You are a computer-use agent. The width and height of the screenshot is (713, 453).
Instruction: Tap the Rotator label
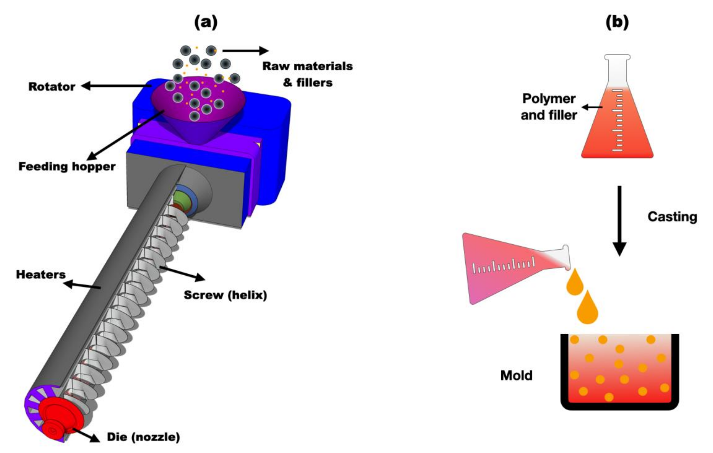(52, 87)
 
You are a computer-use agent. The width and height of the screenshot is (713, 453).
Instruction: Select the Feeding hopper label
(67, 166)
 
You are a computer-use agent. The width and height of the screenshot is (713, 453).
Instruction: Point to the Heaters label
(41, 275)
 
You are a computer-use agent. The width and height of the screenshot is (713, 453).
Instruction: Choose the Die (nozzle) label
(143, 437)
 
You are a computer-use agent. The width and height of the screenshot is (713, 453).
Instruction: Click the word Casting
(672, 217)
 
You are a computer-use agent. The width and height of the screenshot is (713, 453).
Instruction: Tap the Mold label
(516, 375)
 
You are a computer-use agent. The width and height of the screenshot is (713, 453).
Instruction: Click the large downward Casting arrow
(619, 221)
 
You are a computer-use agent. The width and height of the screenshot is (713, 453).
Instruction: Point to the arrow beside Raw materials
(246, 51)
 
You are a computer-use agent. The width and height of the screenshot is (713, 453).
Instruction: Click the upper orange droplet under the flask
(575, 283)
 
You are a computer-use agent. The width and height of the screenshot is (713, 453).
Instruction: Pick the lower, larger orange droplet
(588, 308)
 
